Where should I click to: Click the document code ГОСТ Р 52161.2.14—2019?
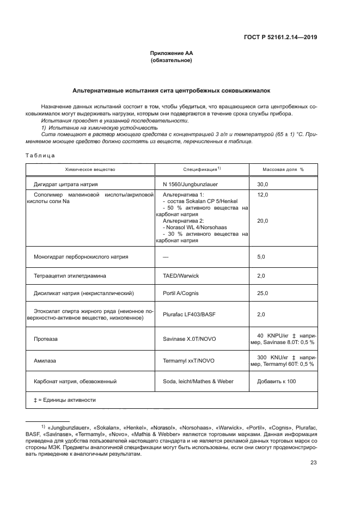pyautogui.click(x=280, y=38)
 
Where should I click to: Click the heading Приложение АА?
pyautogui.click(x=171, y=53)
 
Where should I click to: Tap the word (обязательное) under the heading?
pyautogui.click(x=171, y=60)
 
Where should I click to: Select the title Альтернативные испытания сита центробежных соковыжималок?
pyautogui.click(x=171, y=90)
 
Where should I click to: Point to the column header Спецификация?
pyautogui.click(x=202, y=169)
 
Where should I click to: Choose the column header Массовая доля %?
pyautogui.click(x=283, y=169)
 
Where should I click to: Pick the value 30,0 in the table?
pyautogui.click(x=263, y=185)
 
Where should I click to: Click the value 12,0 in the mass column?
pyautogui.click(x=263, y=194)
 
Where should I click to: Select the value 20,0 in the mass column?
pyautogui.click(x=263, y=220)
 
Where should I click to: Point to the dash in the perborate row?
pyautogui.click(x=166, y=256)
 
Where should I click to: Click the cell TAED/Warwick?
pyautogui.click(x=178, y=276)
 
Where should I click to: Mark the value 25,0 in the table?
pyautogui.click(x=263, y=293)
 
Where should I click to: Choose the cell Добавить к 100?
pyautogui.click(x=276, y=381)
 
